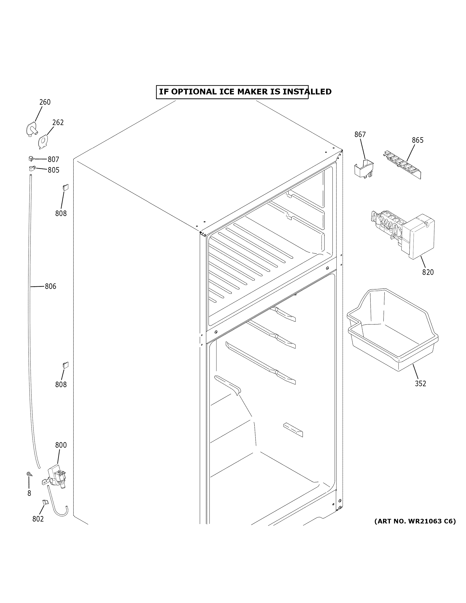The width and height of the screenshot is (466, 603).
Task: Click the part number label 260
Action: [x=45, y=102]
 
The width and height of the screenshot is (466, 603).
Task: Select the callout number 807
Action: [x=53, y=159]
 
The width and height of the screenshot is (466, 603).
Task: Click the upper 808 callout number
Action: [x=61, y=213]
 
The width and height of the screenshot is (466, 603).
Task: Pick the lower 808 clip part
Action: [x=66, y=365]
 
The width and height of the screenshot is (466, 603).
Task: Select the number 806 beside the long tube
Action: [x=50, y=286]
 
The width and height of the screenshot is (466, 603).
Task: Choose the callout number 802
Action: [x=38, y=519]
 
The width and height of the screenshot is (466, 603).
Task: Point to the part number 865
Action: [x=417, y=140]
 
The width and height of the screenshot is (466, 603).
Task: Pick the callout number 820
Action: [x=428, y=272]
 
